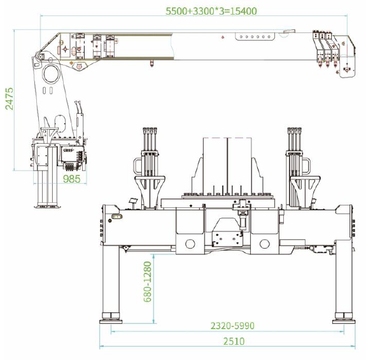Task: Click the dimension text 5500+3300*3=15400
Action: [x=211, y=11]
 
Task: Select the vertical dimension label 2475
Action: [x=10, y=99]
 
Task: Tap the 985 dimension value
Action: [x=72, y=179]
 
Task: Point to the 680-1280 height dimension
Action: [x=148, y=282]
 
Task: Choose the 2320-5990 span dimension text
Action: [x=232, y=326]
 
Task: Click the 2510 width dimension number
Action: [x=234, y=342]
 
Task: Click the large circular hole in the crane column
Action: [x=51, y=74]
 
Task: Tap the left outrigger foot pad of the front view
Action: [x=111, y=321]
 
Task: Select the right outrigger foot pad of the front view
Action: [x=344, y=321]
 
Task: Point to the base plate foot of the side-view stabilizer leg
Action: [x=47, y=207]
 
